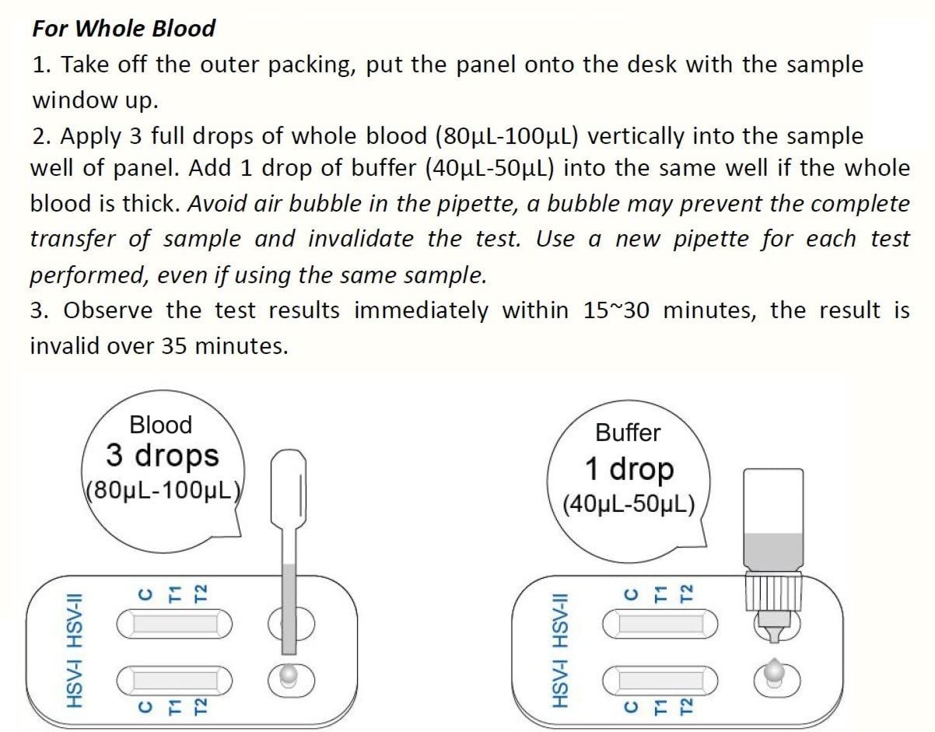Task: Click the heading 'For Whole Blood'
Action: (x=124, y=29)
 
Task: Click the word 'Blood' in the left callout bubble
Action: (x=161, y=426)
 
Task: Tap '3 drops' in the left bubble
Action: (x=163, y=456)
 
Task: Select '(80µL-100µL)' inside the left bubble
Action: (x=164, y=490)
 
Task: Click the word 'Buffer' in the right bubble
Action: (x=628, y=433)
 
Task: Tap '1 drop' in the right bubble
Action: (x=629, y=469)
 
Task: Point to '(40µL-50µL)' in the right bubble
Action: (x=629, y=504)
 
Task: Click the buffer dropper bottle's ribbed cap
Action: (x=773, y=590)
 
